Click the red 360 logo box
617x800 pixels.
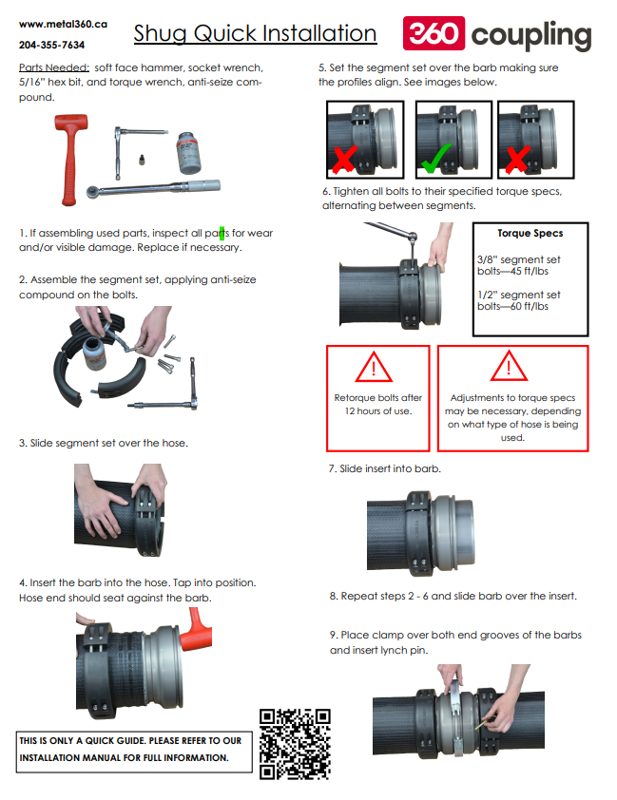pyautogui.click(x=434, y=33)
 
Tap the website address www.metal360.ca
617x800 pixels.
pyautogui.click(x=64, y=24)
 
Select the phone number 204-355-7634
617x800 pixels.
pyautogui.click(x=51, y=45)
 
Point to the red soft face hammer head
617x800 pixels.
pyautogui.click(x=71, y=122)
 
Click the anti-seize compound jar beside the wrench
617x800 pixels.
pyautogui.click(x=188, y=153)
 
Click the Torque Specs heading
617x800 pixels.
pyautogui.click(x=530, y=233)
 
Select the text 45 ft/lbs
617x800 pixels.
pyautogui.click(x=530, y=271)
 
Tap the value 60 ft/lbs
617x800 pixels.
pyautogui.click(x=530, y=306)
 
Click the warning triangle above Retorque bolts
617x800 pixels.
pyautogui.click(x=374, y=367)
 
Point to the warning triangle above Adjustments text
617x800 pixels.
pyautogui.click(x=509, y=366)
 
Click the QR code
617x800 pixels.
pyautogui.click(x=295, y=744)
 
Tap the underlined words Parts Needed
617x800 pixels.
pyautogui.click(x=54, y=67)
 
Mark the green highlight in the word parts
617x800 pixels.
pyautogui.click(x=222, y=233)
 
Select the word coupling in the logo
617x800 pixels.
pyautogui.click(x=531, y=36)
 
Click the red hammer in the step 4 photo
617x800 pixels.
pyautogui.click(x=197, y=630)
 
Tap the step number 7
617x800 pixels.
pyautogui.click(x=332, y=468)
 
